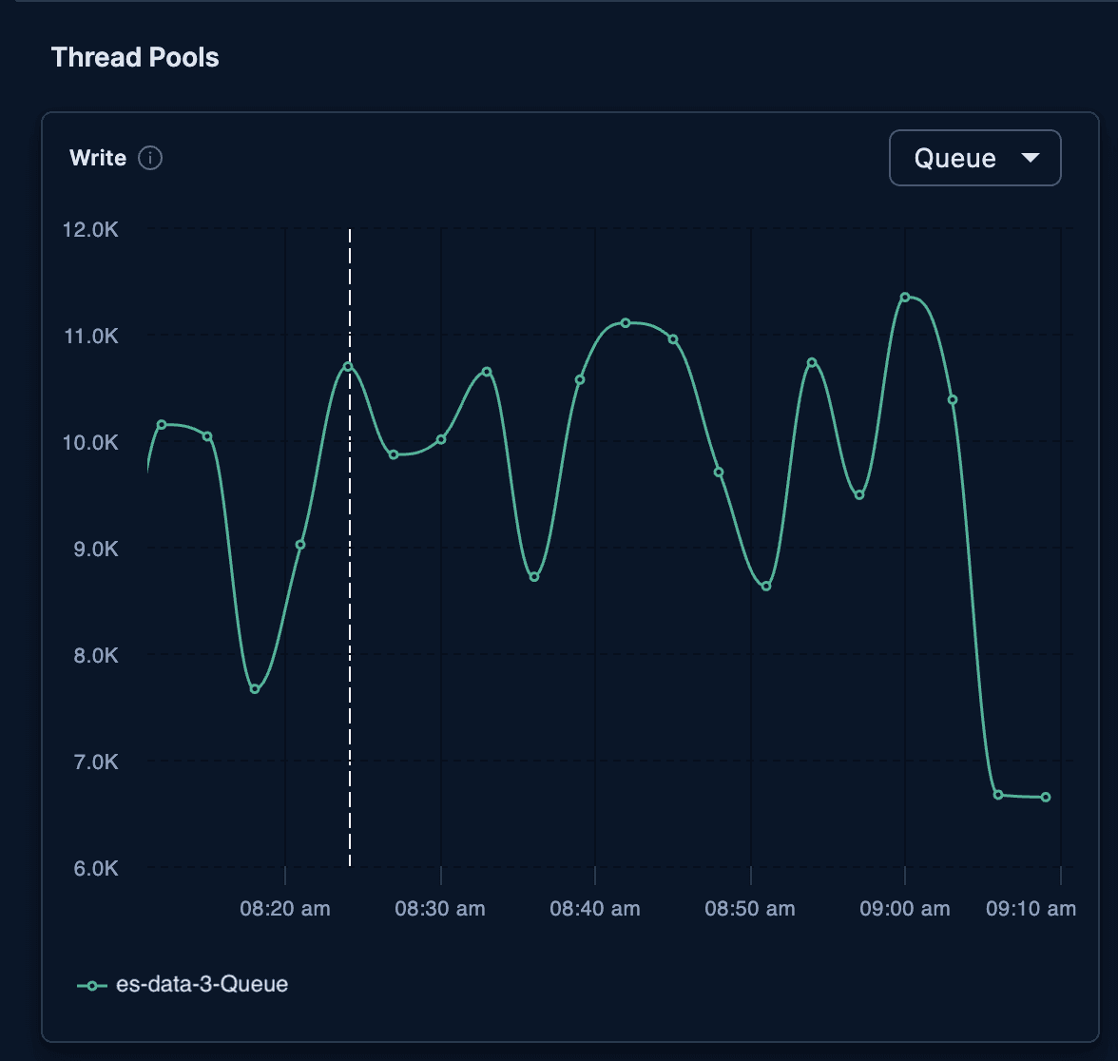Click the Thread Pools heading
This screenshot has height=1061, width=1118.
[x=135, y=57]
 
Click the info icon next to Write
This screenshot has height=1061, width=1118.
[x=150, y=158]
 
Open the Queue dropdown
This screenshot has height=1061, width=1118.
[x=974, y=158]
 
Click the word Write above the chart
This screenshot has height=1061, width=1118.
[x=98, y=158]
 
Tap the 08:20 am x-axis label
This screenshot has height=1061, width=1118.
[x=285, y=909]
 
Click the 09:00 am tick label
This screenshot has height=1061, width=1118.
[x=905, y=909]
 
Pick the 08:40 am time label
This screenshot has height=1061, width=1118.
[x=595, y=909]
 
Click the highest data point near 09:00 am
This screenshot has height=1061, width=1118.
[x=905, y=298]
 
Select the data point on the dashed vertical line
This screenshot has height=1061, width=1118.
[x=349, y=366]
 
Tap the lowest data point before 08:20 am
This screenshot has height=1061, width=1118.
[x=255, y=689]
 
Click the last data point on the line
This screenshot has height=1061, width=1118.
[x=1046, y=798]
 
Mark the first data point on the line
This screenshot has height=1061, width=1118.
[x=162, y=424]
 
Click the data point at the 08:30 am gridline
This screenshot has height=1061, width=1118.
[x=441, y=439]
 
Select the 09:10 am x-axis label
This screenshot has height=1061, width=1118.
[x=1031, y=909]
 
